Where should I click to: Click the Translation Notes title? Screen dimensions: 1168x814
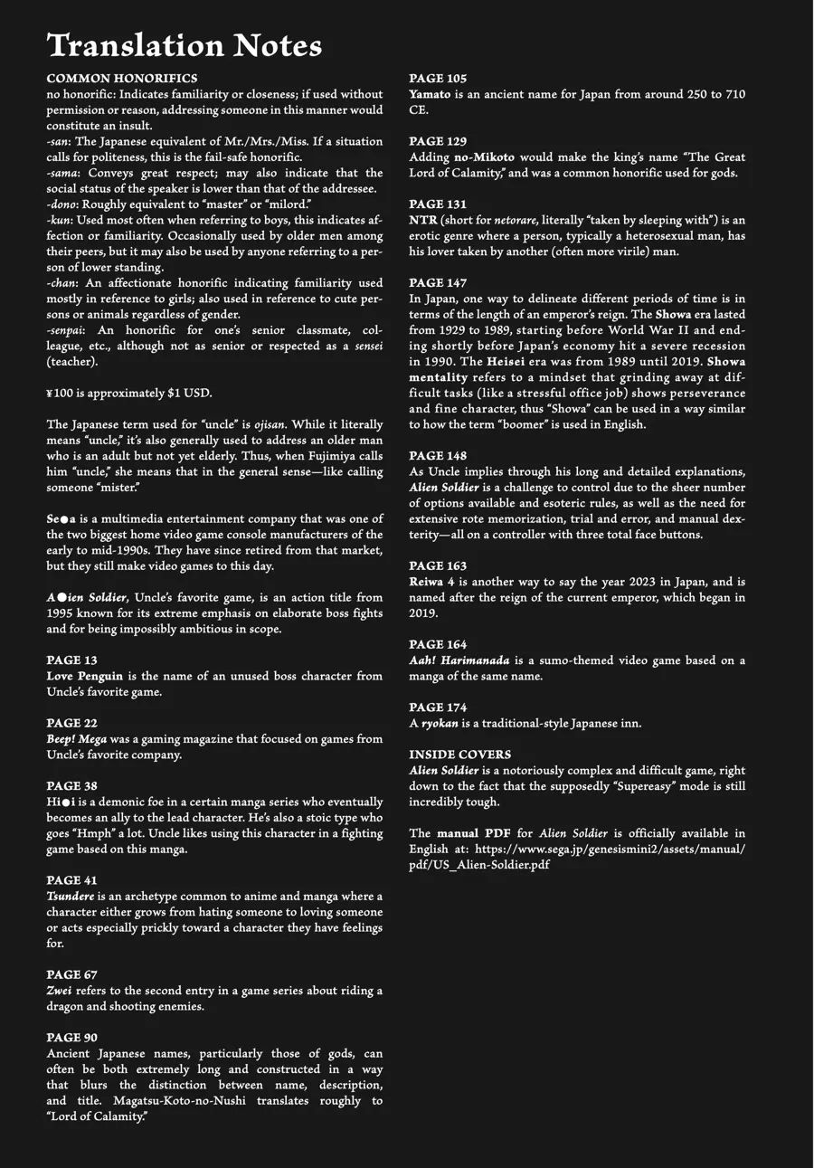184,45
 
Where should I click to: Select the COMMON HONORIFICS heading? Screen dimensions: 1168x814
121,79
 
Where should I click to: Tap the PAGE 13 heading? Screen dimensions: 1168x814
71,660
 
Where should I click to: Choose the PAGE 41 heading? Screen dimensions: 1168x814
71,880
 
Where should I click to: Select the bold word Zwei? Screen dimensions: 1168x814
59,991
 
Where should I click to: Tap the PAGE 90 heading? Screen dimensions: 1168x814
71,1038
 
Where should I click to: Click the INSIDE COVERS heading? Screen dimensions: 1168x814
459,755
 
